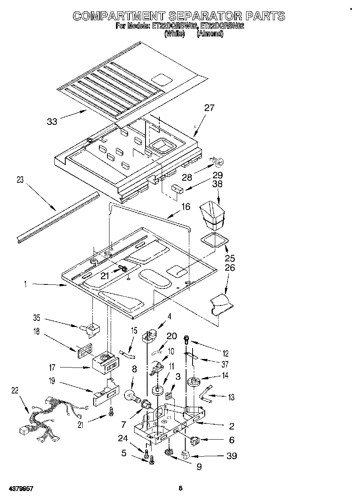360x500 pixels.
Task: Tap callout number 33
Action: point(52,121)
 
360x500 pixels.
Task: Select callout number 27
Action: point(209,108)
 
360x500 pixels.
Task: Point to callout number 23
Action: point(20,180)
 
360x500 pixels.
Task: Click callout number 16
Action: point(185,207)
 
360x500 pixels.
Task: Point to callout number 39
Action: point(231,456)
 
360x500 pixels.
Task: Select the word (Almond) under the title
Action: point(210,34)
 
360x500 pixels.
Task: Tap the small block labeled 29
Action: point(177,188)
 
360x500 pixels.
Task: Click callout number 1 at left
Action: point(25,284)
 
